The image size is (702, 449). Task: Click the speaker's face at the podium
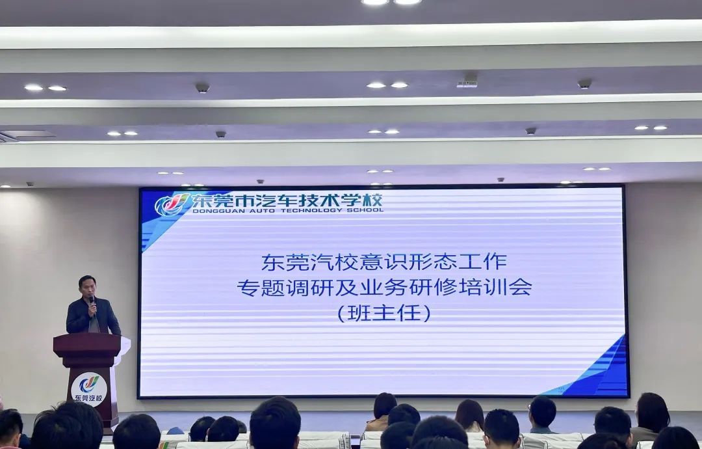87,287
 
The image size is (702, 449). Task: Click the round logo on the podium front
89,389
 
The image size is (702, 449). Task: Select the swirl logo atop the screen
172,204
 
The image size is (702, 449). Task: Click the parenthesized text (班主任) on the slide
384,313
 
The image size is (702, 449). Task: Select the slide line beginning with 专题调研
385,287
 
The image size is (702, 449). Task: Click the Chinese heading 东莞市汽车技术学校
287,200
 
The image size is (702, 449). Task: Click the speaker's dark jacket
93,316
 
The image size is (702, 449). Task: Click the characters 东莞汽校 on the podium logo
88,398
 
